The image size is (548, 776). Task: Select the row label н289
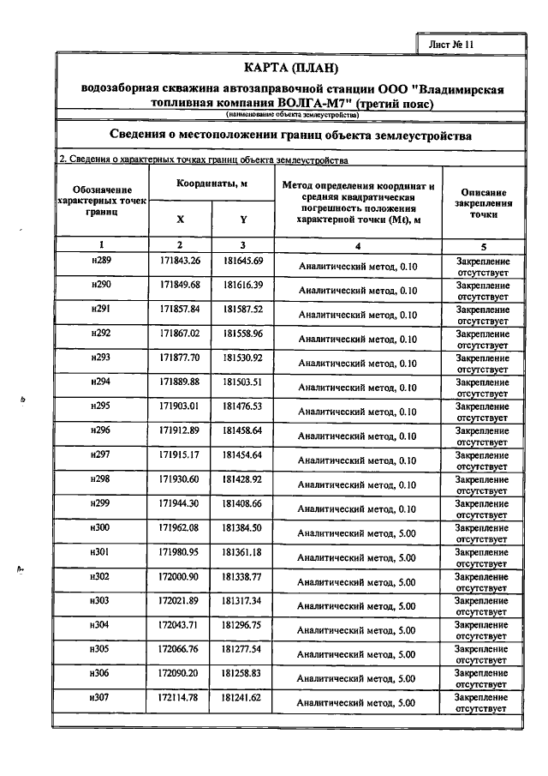(101, 261)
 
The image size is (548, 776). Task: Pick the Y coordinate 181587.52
(243, 309)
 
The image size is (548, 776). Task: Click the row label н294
(101, 381)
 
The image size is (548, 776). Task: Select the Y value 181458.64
(243, 429)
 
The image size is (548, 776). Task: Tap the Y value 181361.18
(243, 551)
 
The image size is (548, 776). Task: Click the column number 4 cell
(359, 245)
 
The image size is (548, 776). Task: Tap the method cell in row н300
(359, 533)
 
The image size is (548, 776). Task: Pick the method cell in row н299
(359, 508)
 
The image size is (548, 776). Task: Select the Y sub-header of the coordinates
(243, 219)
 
